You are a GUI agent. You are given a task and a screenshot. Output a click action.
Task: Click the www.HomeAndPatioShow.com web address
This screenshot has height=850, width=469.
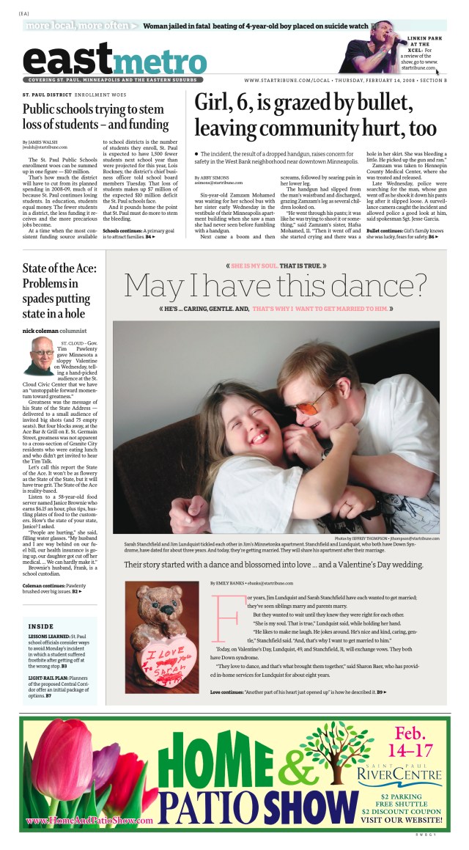[x=89, y=820]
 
